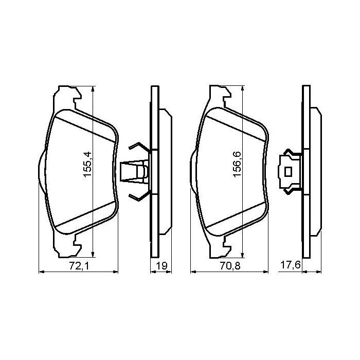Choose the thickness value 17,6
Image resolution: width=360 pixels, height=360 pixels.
click(290, 266)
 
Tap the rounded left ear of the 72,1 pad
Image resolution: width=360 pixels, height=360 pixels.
click(41, 171)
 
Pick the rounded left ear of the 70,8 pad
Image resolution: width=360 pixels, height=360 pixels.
click(192, 171)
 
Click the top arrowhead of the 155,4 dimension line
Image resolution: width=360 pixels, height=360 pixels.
click(93, 88)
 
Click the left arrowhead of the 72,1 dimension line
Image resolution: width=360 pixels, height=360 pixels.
click(42, 273)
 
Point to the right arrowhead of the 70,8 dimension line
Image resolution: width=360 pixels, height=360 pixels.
click(266, 273)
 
